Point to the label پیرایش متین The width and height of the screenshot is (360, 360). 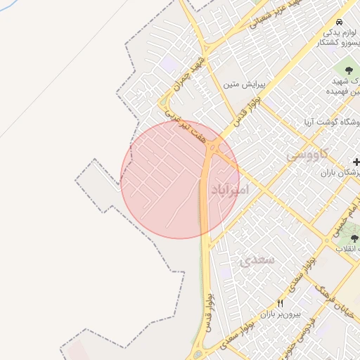pyautogui.click(x=243, y=84)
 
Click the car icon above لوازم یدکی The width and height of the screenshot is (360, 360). pyautogui.click(x=340, y=22)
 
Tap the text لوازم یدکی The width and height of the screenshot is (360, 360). pyautogui.click(x=340, y=33)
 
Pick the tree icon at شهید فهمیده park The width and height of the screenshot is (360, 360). pyautogui.click(x=349, y=69)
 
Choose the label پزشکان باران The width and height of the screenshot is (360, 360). pyautogui.click(x=340, y=173)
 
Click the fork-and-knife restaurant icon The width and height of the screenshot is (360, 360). pyautogui.click(x=281, y=303)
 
